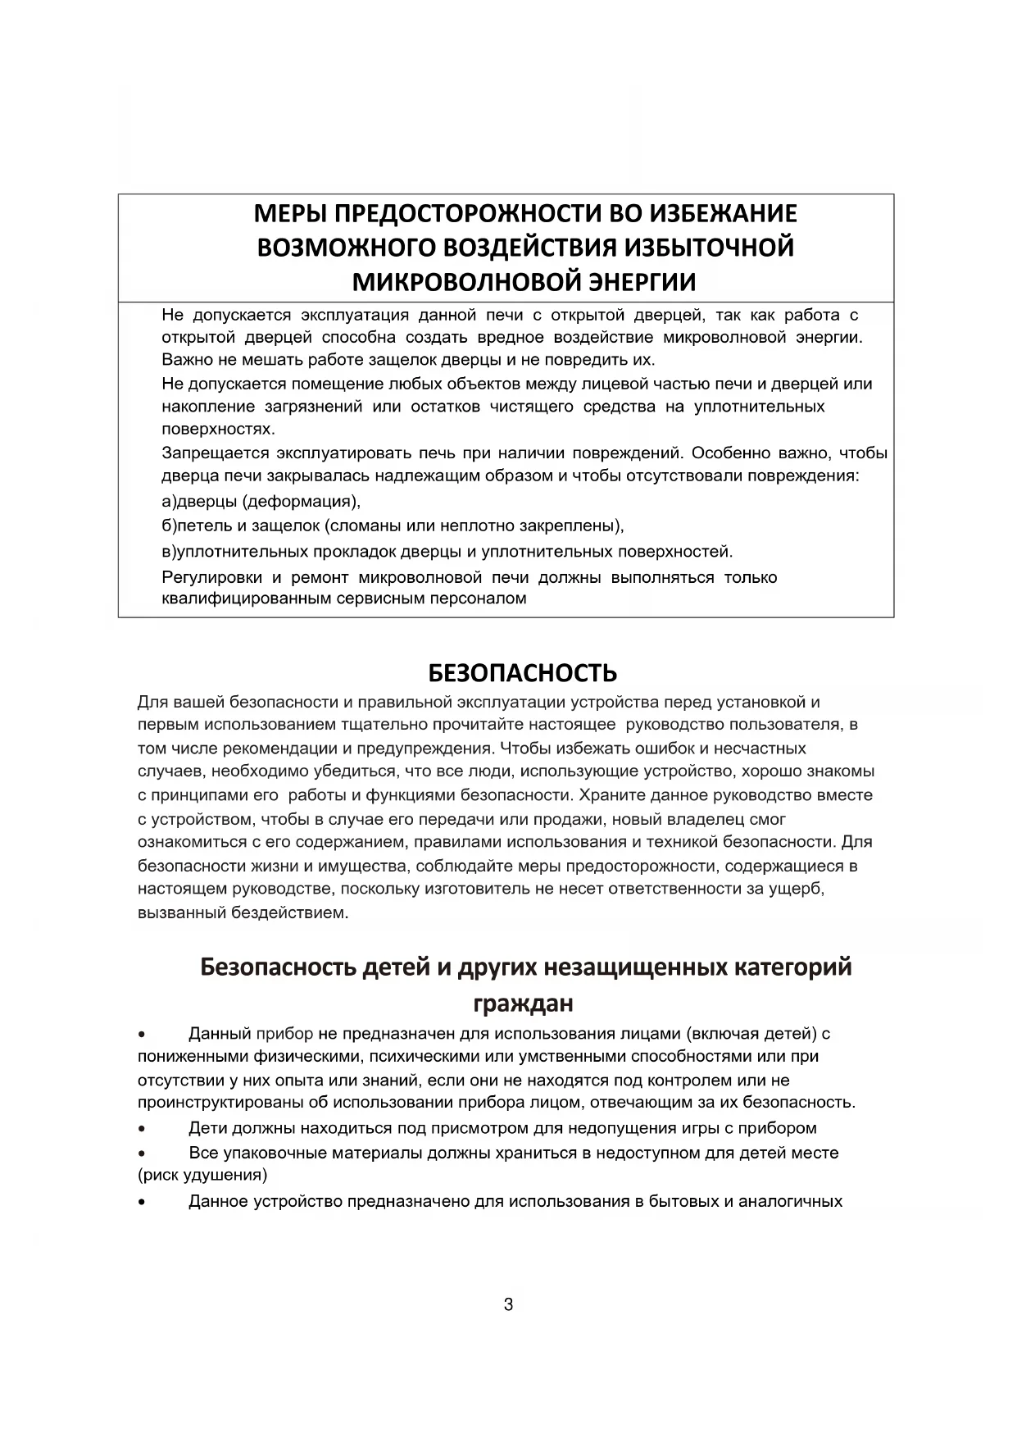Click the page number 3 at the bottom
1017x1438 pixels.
508,1304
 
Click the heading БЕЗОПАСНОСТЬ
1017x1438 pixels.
522,673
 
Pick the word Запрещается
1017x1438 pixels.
215,453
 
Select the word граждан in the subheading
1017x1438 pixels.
523,1003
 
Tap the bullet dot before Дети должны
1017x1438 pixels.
143,1129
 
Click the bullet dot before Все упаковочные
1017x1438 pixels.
143,1154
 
